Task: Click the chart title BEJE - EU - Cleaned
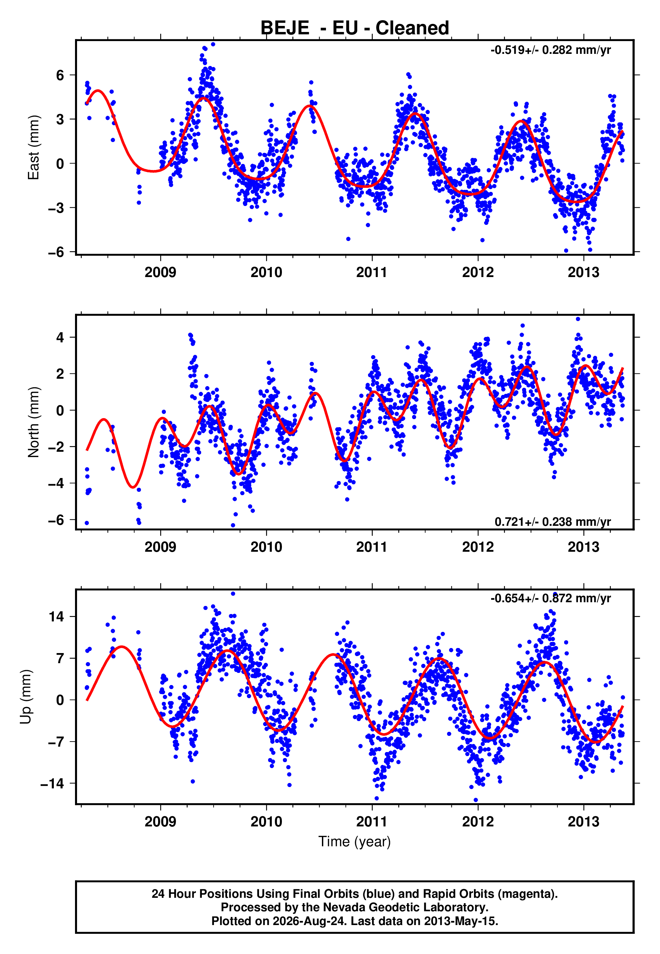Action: click(x=355, y=28)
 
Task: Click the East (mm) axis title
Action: click(x=34, y=147)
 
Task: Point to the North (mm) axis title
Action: click(x=34, y=422)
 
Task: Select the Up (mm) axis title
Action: click(x=26, y=697)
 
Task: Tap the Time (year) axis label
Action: click(x=355, y=842)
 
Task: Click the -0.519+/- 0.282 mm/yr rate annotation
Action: click(x=550, y=50)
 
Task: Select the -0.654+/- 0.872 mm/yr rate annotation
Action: click(x=550, y=598)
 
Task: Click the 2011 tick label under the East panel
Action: click(x=372, y=272)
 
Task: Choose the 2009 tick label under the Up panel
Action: click(x=160, y=822)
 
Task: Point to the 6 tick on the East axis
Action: click(x=60, y=75)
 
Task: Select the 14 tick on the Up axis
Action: click(x=56, y=616)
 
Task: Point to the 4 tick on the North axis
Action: click(x=60, y=337)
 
